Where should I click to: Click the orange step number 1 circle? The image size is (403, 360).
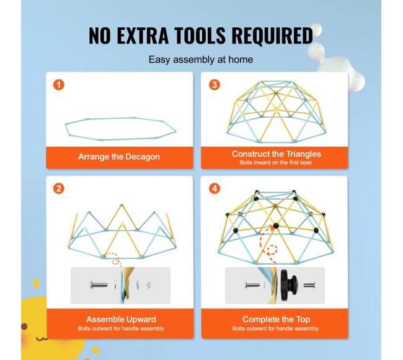[59, 85]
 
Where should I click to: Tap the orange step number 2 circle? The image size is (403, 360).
[59, 189]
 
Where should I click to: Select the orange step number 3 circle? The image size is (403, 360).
[214, 85]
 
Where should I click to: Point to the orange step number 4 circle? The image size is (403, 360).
[214, 189]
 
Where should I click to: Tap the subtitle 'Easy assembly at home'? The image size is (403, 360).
[201, 60]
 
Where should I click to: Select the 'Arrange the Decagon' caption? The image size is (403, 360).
[119, 157]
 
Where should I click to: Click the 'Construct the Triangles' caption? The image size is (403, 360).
[277, 154]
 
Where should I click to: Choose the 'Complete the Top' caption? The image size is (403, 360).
[276, 320]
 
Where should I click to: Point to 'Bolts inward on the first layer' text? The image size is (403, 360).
[277, 162]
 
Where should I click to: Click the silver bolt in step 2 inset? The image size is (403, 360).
[99, 285]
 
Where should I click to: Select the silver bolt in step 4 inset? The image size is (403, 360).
[252, 285]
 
